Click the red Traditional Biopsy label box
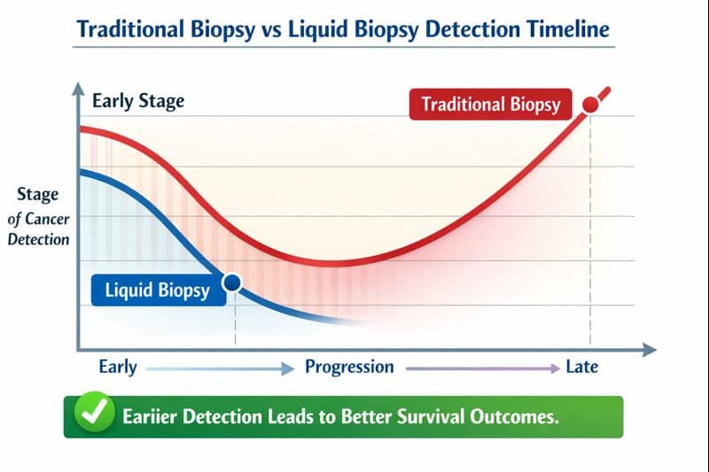point(490,104)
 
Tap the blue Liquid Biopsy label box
point(157,290)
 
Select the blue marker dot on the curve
point(233,283)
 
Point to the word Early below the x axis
point(118,367)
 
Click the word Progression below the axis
point(349,367)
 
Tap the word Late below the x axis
point(581,367)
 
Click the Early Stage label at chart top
point(138,100)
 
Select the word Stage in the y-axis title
point(37,195)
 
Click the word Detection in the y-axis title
point(37,239)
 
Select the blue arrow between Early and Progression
point(220,368)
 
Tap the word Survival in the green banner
point(423,415)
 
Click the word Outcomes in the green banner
point(514,415)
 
